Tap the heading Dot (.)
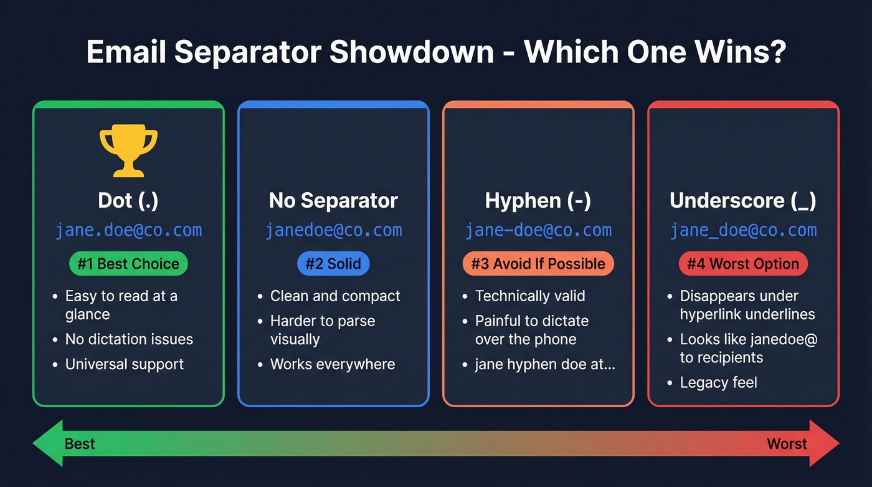click(x=128, y=201)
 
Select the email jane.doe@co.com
click(x=128, y=230)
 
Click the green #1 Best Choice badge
click(x=128, y=264)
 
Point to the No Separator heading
click(x=333, y=201)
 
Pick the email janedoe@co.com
click(x=333, y=230)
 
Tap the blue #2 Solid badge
click(x=333, y=264)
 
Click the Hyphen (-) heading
click(x=538, y=201)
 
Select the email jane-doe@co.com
click(x=538, y=230)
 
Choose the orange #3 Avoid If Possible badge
click(x=538, y=264)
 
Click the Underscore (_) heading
click(x=743, y=201)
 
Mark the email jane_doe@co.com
click(x=743, y=230)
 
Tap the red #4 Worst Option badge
click(x=743, y=264)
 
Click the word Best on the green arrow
click(x=80, y=444)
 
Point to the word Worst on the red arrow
click(x=787, y=444)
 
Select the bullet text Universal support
click(x=125, y=364)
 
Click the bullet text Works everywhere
click(x=333, y=364)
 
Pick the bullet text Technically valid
click(x=530, y=296)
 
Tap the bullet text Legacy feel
click(x=718, y=383)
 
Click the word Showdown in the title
click(x=411, y=52)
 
